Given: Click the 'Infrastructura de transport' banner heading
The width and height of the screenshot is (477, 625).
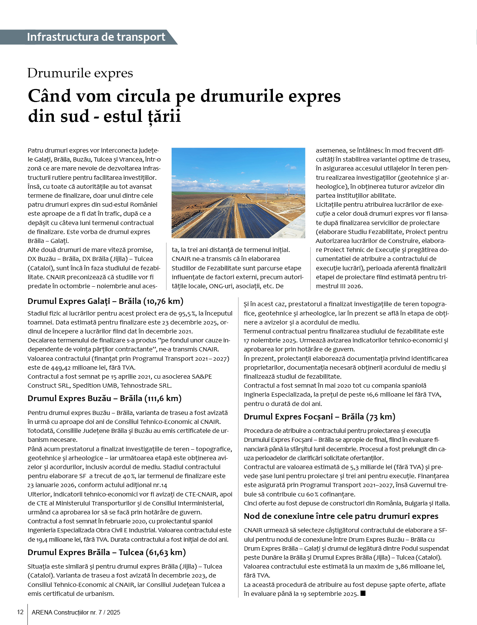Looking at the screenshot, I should [96, 37].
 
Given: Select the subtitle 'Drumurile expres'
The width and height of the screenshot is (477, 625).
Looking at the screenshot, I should [80, 73].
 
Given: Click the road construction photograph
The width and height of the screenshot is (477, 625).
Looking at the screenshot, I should [238, 193].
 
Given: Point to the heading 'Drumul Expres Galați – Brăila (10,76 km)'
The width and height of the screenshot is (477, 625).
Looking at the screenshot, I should [105, 301].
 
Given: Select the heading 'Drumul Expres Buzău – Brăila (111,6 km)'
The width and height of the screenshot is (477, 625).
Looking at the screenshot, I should [104, 398].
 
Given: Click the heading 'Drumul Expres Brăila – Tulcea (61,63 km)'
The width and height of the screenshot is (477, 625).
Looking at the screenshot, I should [107, 552].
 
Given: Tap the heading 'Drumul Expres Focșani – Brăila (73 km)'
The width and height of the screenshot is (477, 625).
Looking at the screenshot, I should [319, 417].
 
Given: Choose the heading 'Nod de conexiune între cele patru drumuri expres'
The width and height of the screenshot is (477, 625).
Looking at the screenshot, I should [341, 516].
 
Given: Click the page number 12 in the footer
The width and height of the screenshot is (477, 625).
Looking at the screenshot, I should [20, 612].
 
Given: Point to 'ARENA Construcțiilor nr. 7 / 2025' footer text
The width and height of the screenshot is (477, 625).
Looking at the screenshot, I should [76, 612].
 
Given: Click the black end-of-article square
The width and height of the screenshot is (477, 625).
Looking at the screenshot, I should [363, 593].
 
